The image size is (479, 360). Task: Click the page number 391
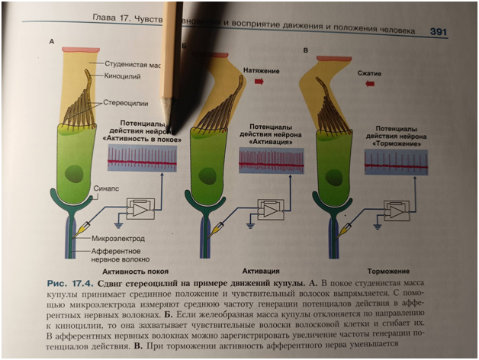(x=438, y=31)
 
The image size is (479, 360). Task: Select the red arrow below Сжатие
(x=369, y=85)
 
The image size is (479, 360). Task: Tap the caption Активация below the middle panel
(x=262, y=271)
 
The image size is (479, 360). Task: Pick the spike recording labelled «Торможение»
(x=395, y=161)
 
